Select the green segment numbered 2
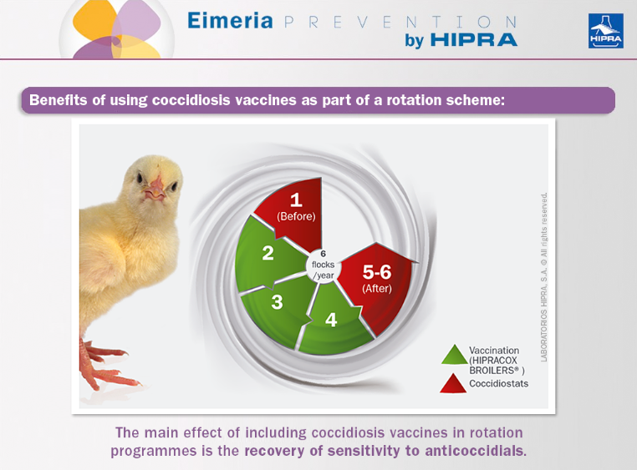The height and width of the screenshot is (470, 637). (268, 255)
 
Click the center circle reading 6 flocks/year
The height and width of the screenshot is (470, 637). (324, 265)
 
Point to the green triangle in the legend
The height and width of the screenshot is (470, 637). (455, 356)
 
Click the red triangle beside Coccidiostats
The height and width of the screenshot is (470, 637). (453, 384)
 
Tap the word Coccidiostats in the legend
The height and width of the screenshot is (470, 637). (498, 384)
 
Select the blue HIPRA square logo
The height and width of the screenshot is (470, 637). (606, 31)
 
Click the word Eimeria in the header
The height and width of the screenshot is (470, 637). (230, 21)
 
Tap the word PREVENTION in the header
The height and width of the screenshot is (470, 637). (400, 22)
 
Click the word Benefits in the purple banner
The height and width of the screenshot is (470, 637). (58, 99)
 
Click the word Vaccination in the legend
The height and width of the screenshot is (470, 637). (494, 351)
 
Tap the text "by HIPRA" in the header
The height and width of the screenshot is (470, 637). (461, 40)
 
